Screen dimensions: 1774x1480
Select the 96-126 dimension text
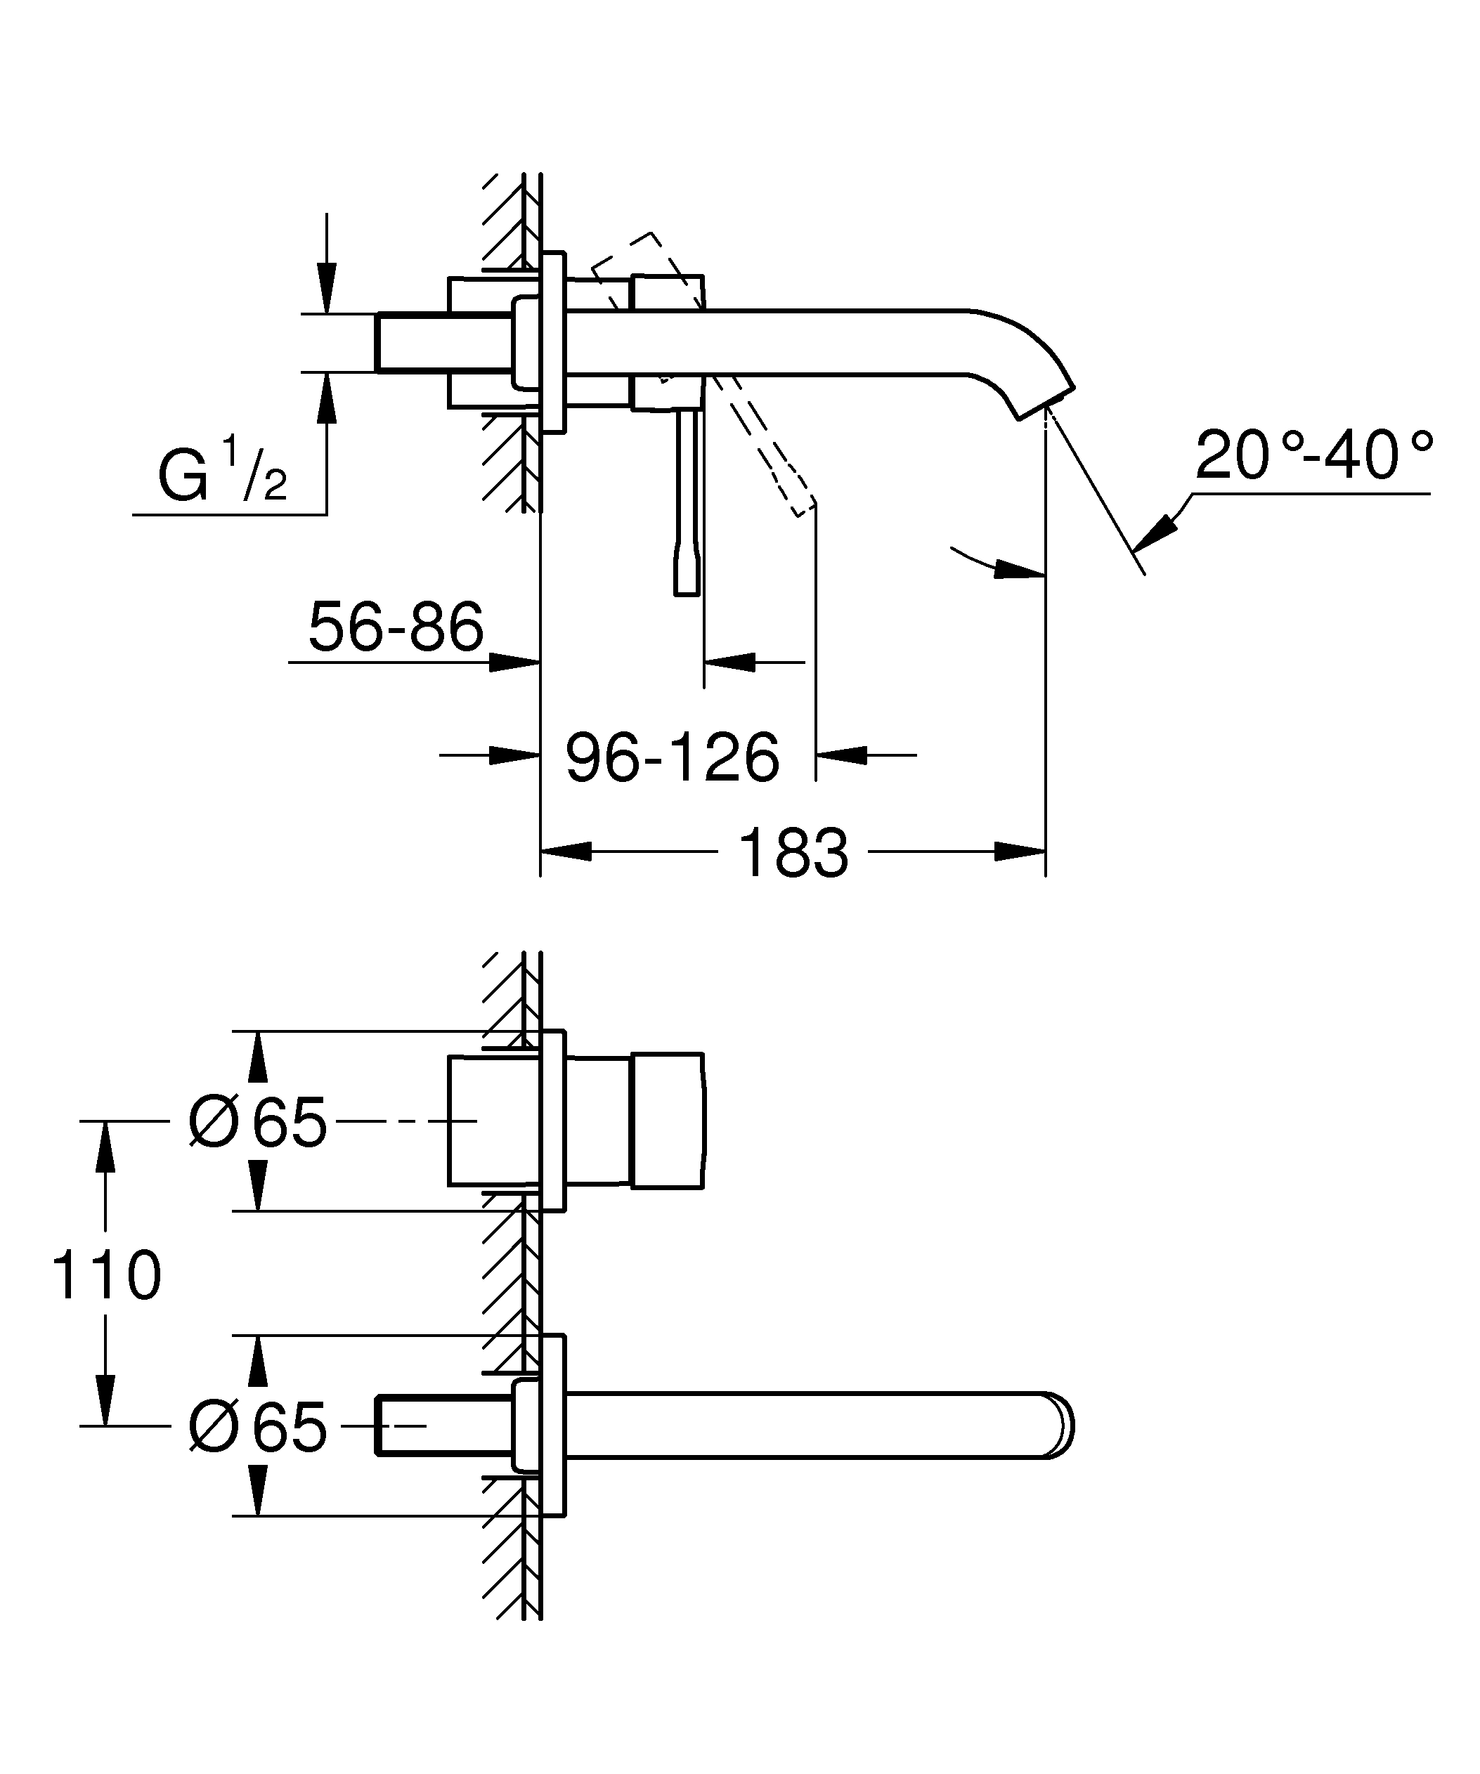coord(672,758)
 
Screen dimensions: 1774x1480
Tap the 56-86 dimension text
coord(396,627)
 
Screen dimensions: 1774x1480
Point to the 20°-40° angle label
coord(1313,456)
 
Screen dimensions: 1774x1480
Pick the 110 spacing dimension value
coord(105,1276)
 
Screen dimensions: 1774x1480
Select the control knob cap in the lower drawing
coord(668,1121)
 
